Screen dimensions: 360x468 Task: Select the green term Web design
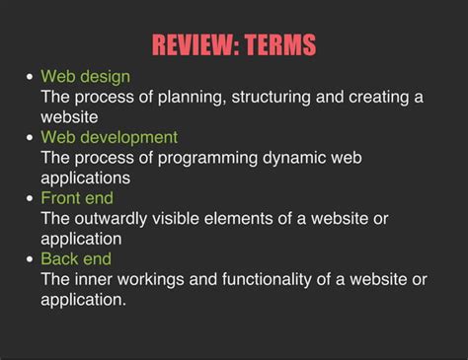point(85,76)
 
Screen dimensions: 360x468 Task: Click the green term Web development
point(109,137)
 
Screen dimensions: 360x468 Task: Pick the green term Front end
point(76,198)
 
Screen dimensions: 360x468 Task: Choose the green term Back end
point(76,259)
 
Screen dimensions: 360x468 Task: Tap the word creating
point(375,97)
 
